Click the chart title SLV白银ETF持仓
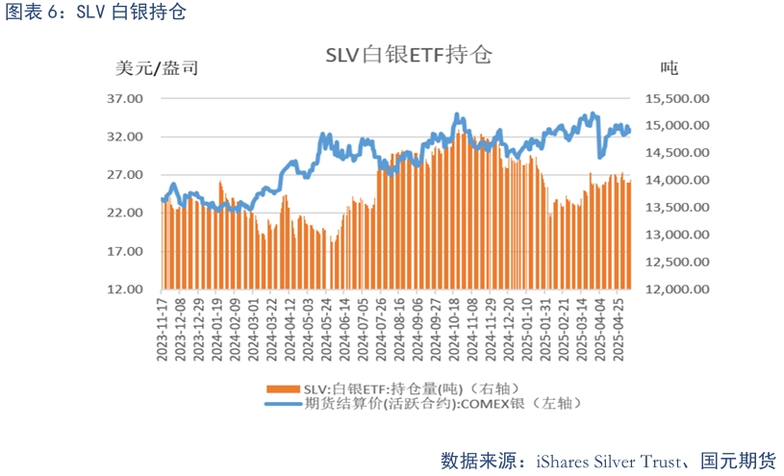(x=408, y=55)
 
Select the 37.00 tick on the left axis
(x=125, y=98)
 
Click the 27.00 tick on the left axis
(x=125, y=174)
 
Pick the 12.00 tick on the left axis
(x=125, y=288)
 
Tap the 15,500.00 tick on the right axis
(x=674, y=98)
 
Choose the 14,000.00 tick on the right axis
(x=674, y=180)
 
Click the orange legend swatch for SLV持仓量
(x=281, y=388)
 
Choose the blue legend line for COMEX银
(x=281, y=404)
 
